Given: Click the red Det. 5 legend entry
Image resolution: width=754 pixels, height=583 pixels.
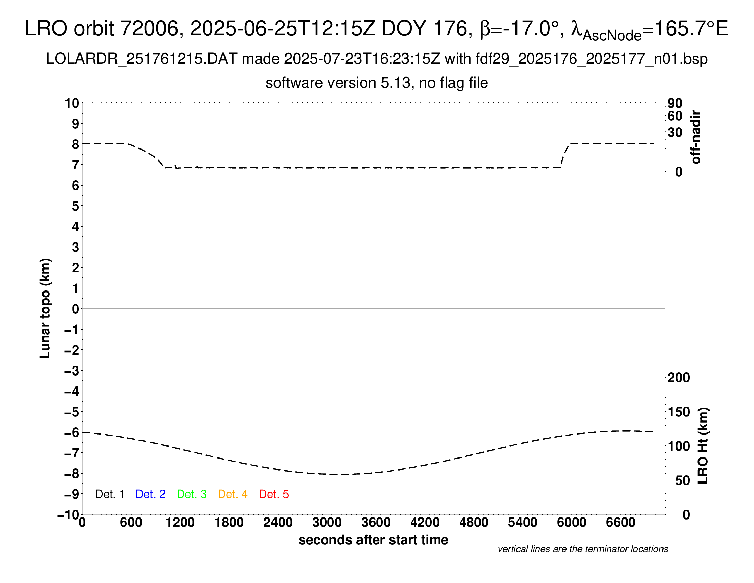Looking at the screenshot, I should [274, 494].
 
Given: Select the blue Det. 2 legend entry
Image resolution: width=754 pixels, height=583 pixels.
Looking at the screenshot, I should [150, 494].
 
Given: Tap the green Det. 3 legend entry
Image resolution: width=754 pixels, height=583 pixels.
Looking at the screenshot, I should [192, 494].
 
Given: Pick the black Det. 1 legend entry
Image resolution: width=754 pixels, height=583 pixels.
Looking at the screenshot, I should [110, 494].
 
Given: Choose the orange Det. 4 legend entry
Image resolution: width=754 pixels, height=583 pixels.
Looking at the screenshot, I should [233, 494].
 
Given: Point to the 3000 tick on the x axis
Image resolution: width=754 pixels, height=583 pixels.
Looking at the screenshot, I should [327, 522].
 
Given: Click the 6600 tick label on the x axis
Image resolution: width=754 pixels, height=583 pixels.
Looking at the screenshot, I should [620, 522].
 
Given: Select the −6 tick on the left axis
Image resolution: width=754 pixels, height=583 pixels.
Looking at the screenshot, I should [72, 432].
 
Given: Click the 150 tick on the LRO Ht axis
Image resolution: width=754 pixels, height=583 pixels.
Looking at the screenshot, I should [678, 412].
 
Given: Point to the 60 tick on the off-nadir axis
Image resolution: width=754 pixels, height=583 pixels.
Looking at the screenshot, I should [675, 116].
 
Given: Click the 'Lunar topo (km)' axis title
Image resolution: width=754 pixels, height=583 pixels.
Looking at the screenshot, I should [45, 308].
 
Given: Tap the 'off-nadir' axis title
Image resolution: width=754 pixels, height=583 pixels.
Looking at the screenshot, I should [696, 137].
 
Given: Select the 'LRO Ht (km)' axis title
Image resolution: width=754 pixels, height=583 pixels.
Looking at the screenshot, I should [703, 446].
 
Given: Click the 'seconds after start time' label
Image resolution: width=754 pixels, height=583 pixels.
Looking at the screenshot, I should [373, 540].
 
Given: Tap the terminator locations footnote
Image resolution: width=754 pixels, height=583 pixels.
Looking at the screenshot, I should [583, 549].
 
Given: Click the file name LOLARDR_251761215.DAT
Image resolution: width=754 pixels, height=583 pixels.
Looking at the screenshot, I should [142, 59].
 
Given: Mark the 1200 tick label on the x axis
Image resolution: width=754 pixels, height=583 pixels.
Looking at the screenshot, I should [180, 522].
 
